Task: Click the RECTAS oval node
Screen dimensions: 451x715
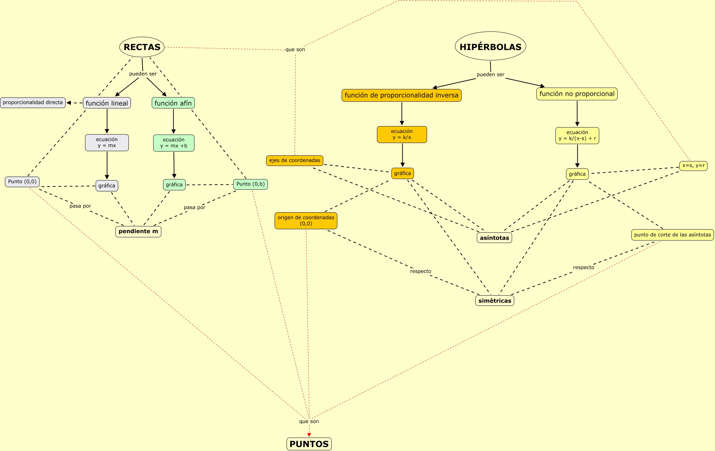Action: [x=142, y=47]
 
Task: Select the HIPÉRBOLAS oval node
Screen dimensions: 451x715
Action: [x=490, y=47]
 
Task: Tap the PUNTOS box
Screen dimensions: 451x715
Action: [x=309, y=444]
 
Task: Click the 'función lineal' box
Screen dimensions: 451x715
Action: [x=107, y=103]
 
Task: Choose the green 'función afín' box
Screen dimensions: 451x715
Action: [x=173, y=103]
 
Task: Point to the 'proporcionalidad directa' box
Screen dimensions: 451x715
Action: [x=33, y=103]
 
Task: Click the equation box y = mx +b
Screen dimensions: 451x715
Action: [x=174, y=143]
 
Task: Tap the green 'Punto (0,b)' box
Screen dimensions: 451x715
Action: [x=250, y=184]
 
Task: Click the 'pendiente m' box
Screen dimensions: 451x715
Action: [x=138, y=231]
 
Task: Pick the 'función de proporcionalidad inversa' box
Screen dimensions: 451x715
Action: [x=401, y=95]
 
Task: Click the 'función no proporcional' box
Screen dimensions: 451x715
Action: [x=577, y=94]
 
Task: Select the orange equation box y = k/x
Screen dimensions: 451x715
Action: [x=402, y=135]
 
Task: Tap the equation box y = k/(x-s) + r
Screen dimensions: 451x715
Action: [x=577, y=136]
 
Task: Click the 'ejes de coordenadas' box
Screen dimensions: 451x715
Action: [x=295, y=160]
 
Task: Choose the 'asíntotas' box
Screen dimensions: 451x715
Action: [x=494, y=238]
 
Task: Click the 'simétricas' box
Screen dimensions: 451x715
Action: [x=494, y=301]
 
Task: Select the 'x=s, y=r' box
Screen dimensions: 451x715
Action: [x=693, y=166]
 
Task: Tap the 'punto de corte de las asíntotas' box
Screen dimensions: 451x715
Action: [x=672, y=235]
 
